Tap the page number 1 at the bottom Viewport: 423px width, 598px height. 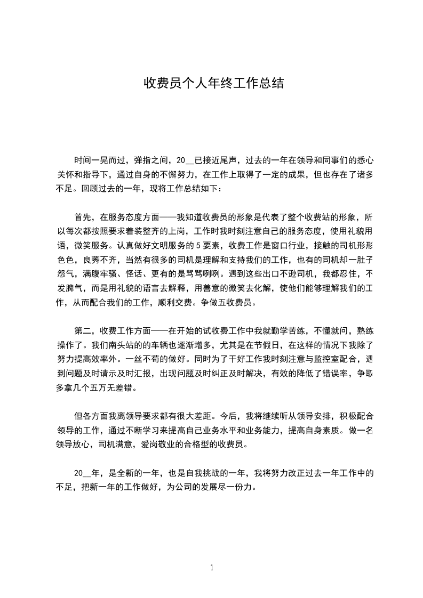212,567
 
